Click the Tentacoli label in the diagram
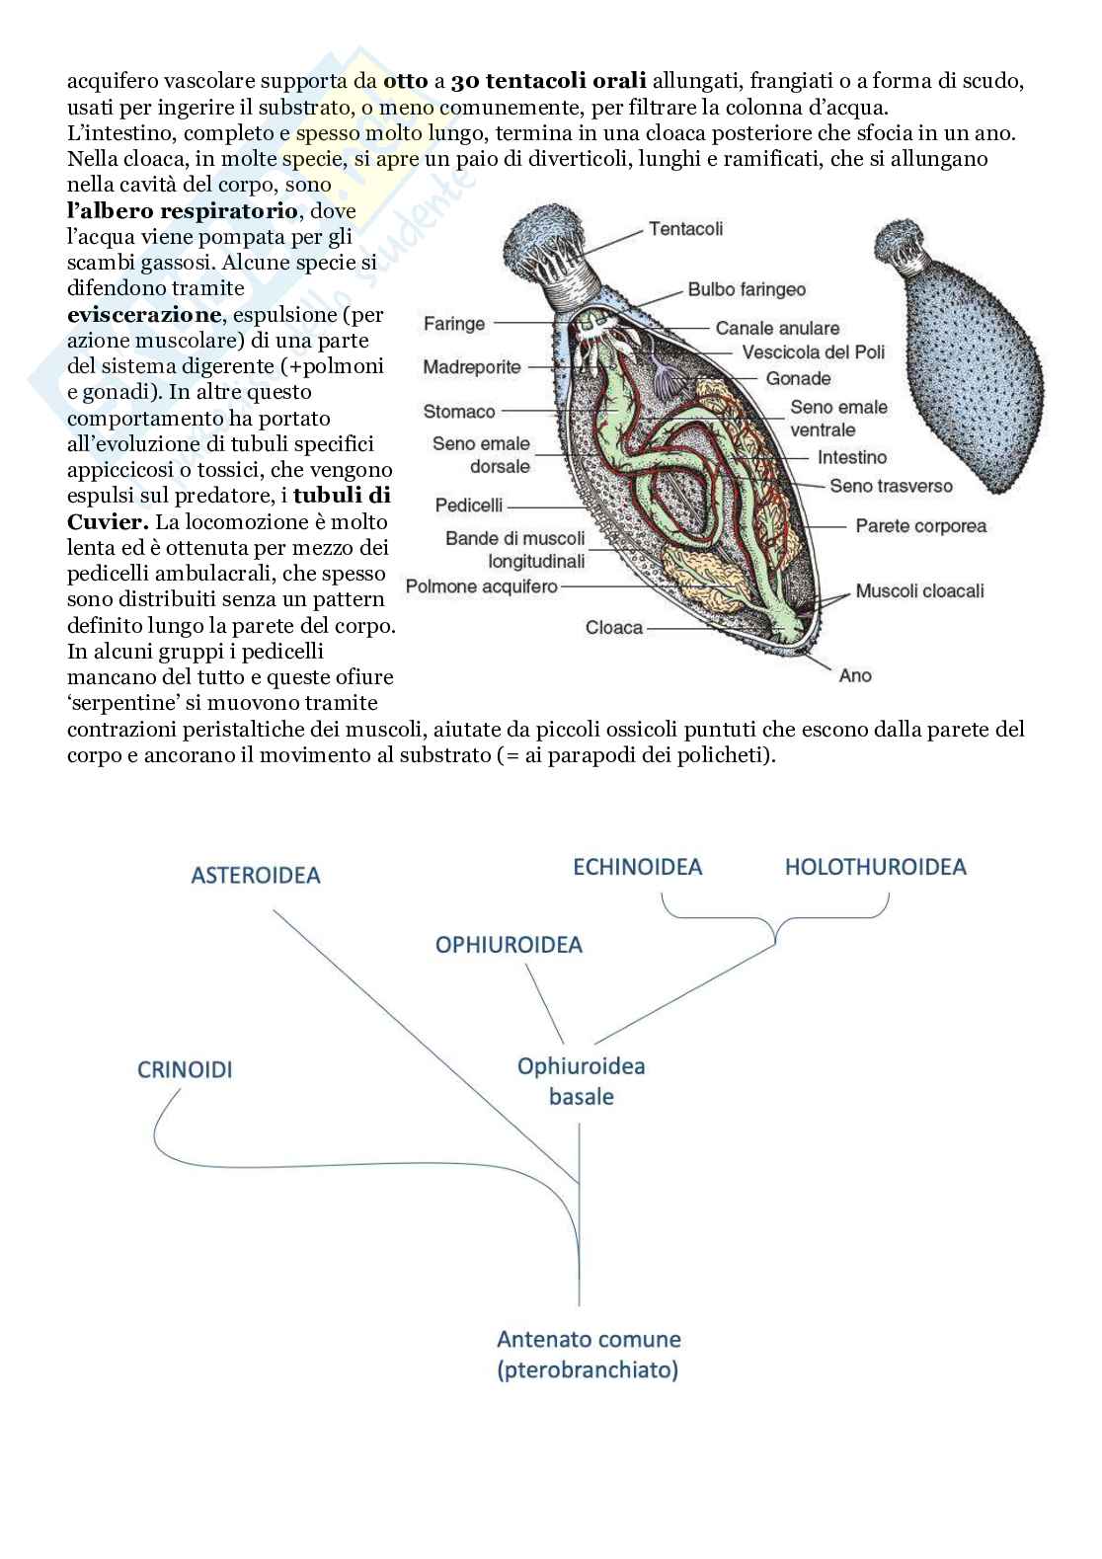point(685,228)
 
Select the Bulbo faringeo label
point(747,289)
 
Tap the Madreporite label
point(472,367)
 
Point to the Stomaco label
point(459,411)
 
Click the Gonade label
point(798,378)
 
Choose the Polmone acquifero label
point(482,586)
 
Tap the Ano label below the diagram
point(855,675)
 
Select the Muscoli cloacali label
point(919,590)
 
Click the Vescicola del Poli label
point(814,352)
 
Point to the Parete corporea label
point(920,526)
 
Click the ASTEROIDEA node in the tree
point(256,875)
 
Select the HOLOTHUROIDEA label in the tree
point(875,867)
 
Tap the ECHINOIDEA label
point(638,867)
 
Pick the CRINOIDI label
point(186,1069)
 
